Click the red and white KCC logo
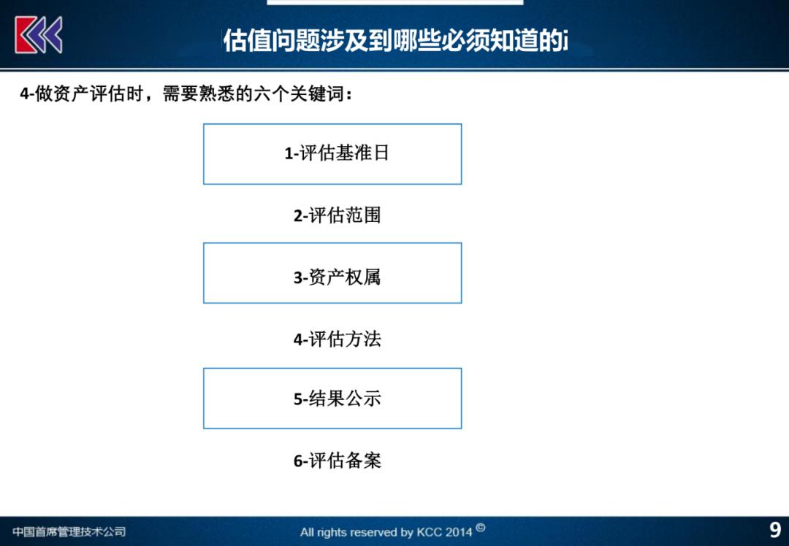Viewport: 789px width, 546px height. coord(39,35)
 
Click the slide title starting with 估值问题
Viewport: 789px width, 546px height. coord(395,40)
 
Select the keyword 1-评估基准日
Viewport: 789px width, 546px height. coord(337,153)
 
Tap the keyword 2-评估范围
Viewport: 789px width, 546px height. coord(337,215)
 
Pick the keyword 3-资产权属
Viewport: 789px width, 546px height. coord(337,277)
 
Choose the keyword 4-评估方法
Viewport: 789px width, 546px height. coord(337,339)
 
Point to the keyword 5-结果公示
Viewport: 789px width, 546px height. coord(337,399)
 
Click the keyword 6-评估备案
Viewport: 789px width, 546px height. coord(337,461)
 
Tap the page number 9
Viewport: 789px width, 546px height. coord(775,531)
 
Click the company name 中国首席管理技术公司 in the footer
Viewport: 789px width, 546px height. coord(69,531)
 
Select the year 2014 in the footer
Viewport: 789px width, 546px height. coord(458,532)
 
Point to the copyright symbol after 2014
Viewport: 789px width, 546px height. coord(481,528)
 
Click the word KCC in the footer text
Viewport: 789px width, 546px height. coord(428,532)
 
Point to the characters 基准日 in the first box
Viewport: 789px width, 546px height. coord(362,153)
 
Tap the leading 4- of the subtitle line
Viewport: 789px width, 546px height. coord(27,94)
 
